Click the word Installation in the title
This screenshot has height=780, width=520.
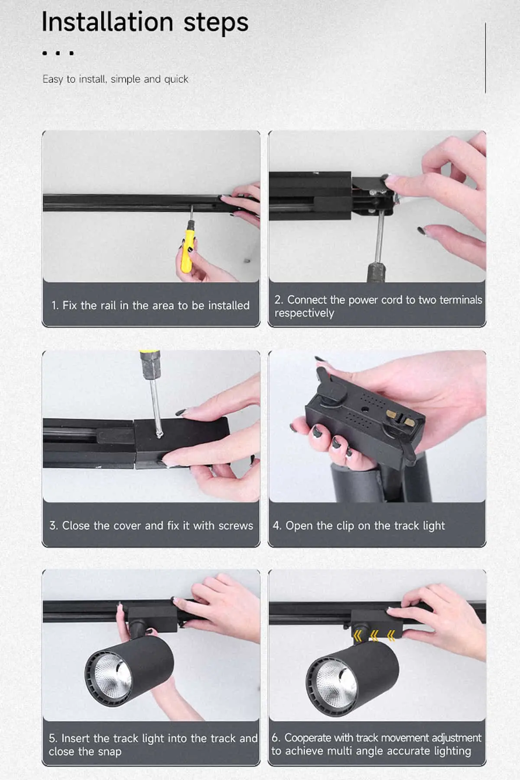coord(107,22)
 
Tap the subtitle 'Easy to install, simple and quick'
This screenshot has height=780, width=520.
coord(115,79)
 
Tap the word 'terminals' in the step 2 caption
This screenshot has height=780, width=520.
coord(461,300)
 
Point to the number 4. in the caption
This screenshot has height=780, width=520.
coord(277,526)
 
